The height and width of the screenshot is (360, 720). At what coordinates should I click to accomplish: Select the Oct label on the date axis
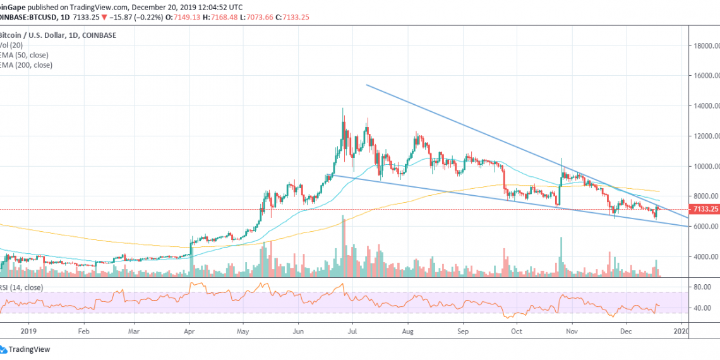pyautogui.click(x=517, y=330)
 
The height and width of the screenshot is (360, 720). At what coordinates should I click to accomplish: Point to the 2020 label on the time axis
pyautogui.click(x=681, y=330)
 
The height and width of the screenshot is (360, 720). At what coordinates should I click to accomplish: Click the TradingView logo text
pyautogui.click(x=29, y=349)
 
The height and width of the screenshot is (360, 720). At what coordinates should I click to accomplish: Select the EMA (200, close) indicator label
pyautogui.click(x=26, y=65)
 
